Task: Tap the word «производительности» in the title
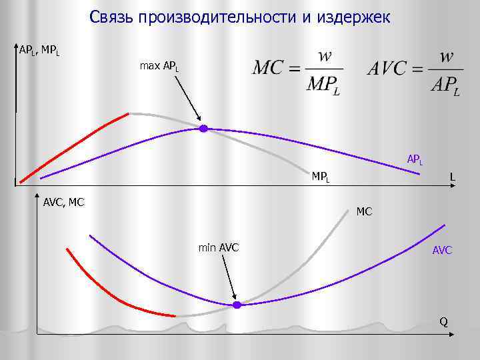pos(201,17)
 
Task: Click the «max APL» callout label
pos(159,67)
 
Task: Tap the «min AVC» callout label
pos(219,249)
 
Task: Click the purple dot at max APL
pos(203,128)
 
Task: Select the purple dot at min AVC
pos(236,305)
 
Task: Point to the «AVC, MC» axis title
pos(63,201)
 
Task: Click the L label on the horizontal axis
pos(453,177)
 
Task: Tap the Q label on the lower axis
pos(443,323)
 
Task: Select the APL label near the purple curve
pos(415,160)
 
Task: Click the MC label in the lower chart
pos(365,212)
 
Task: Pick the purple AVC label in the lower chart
pos(442,251)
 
